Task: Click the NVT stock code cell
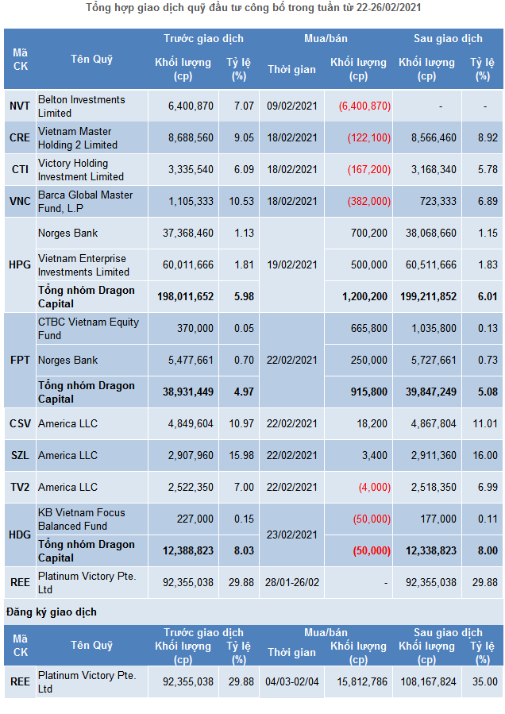20,106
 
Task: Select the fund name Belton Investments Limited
81,106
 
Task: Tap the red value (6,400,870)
364,106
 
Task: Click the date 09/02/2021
291,106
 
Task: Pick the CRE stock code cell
20,137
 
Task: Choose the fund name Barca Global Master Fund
85,202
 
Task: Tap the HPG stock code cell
20,264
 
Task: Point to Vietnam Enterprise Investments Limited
83,265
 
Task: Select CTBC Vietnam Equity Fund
88,329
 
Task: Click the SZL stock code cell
20,455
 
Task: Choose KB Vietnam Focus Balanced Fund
82,519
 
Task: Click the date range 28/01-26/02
291,582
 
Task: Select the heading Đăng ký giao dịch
51,612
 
